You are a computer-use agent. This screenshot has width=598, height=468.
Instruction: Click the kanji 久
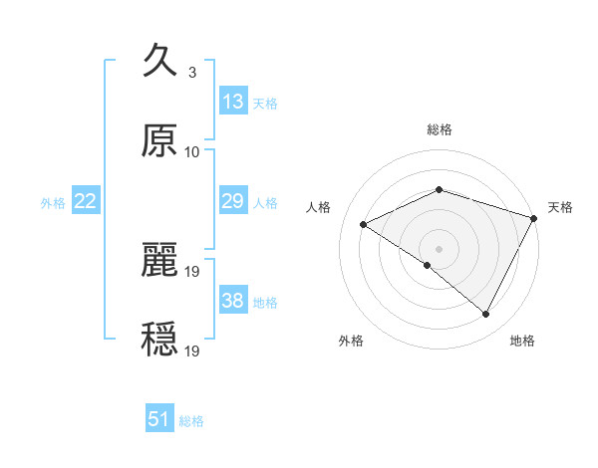pos(159,60)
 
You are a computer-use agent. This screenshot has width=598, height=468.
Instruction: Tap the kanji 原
pos(159,141)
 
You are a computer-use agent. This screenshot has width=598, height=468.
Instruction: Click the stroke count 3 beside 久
pos(191,72)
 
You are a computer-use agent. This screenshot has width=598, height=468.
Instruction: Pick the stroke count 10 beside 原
pos(192,152)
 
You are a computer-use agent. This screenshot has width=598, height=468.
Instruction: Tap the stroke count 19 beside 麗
pos(193,271)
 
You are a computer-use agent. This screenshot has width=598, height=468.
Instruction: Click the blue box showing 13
pos(233,102)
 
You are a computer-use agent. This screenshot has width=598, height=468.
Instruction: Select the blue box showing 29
pos(233,202)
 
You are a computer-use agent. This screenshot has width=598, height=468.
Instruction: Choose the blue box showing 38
pos(233,301)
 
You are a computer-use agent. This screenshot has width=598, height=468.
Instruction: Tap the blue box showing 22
pos(86,202)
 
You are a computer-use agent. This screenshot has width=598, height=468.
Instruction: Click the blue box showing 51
pos(159,419)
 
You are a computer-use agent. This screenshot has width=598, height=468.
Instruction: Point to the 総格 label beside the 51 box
pos(191,421)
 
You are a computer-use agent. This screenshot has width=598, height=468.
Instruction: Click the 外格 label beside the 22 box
pos(53,203)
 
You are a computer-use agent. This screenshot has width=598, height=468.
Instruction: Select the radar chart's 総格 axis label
pos(440,129)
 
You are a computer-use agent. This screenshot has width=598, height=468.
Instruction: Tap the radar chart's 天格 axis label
pos(561,207)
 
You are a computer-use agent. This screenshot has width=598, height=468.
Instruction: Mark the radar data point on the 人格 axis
pos(364,224)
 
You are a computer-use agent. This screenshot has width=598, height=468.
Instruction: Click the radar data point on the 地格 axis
pos(486,315)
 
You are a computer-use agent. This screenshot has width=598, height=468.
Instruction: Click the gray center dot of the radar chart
pos(440,248)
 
